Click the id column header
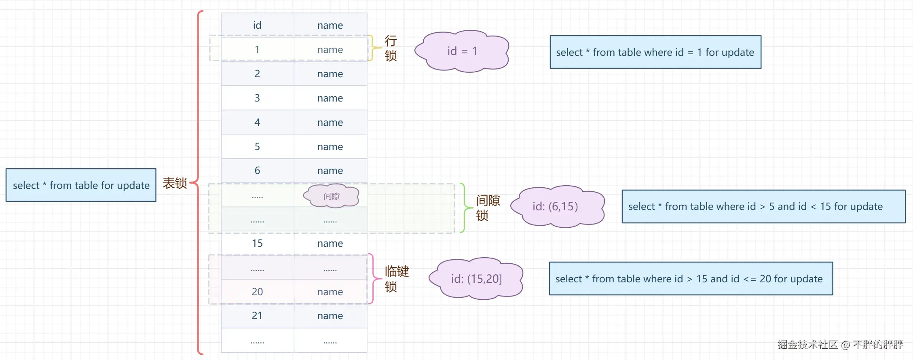coord(257,25)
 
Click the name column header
coord(330,25)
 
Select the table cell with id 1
coord(257,49)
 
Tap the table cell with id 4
coord(257,122)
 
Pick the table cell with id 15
coord(257,243)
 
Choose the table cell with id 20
coord(257,292)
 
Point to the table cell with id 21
coord(257,316)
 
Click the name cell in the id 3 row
coord(330,98)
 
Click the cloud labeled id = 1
coord(462,51)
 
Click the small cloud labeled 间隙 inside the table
coord(332,196)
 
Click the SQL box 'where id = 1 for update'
coord(655,52)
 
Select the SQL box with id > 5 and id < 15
coord(763,206)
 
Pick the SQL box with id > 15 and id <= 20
coord(691,279)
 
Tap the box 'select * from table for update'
coord(81,185)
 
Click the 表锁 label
coord(175,183)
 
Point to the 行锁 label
coord(391,48)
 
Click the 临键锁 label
coord(397,279)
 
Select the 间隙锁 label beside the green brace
coord(488,208)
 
